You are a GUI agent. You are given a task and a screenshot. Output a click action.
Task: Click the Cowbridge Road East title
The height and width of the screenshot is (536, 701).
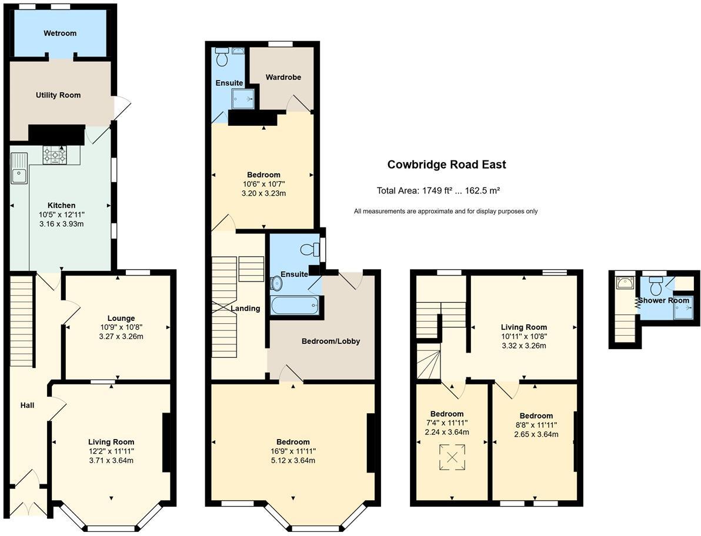click(446, 165)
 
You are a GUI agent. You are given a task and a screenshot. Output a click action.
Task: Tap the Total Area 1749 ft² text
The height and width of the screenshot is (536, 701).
click(438, 190)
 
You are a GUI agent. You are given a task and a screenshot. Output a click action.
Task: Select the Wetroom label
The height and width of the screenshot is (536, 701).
click(60, 33)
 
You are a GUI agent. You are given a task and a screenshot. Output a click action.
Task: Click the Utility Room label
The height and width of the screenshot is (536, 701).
click(58, 95)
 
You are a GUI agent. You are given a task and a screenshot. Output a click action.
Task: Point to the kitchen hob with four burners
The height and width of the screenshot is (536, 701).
click(54, 156)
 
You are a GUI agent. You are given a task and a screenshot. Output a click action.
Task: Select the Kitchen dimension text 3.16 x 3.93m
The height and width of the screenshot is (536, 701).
click(61, 224)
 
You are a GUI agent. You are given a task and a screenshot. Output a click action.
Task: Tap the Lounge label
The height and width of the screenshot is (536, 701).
click(121, 318)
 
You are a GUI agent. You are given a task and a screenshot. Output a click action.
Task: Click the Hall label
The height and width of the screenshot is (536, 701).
click(27, 405)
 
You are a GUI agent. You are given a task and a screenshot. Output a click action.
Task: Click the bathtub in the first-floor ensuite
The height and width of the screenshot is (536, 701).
click(295, 305)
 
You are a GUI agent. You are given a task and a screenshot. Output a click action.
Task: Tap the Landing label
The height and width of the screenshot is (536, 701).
click(245, 308)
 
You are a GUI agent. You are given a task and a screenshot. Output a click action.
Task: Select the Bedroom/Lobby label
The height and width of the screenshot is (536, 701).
click(331, 341)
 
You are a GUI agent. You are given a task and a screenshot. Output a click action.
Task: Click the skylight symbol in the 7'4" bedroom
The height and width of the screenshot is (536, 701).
click(452, 458)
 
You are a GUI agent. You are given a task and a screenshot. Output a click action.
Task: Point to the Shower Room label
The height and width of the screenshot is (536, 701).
click(663, 300)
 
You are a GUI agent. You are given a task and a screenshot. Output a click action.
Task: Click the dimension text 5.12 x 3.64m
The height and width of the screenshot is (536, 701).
click(293, 460)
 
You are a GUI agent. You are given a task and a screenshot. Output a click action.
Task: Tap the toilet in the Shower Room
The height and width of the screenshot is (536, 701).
click(656, 286)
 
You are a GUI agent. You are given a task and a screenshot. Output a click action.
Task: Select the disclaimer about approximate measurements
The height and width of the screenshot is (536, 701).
click(445, 212)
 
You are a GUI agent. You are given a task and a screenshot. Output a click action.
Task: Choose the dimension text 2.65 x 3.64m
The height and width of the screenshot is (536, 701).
click(536, 434)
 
